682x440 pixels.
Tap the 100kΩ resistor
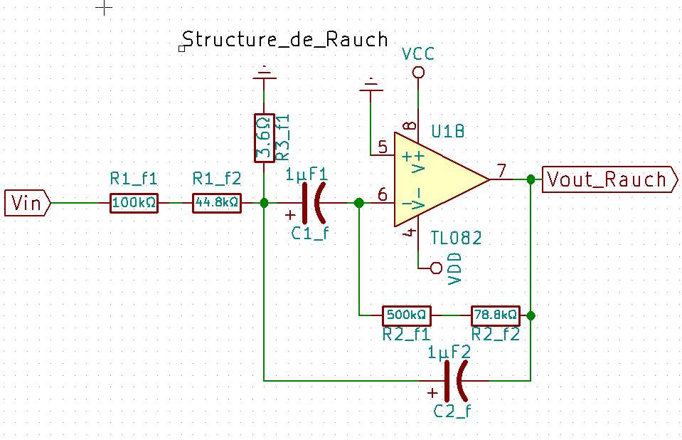pyautogui.click(x=134, y=203)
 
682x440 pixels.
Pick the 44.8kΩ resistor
pyautogui.click(x=217, y=203)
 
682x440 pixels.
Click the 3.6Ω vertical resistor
pyautogui.click(x=264, y=137)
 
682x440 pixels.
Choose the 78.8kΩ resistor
pyautogui.click(x=496, y=314)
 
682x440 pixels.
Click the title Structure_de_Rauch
pyautogui.click(x=285, y=38)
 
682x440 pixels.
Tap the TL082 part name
pyautogui.click(x=456, y=238)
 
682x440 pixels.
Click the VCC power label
pyautogui.click(x=417, y=55)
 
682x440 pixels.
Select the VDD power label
pyautogui.click(x=456, y=268)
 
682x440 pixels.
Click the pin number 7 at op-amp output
pyautogui.click(x=501, y=171)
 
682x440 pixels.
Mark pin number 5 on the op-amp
pyautogui.click(x=383, y=147)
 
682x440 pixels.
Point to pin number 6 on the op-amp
pyautogui.click(x=383, y=194)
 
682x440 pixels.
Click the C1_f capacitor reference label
pyautogui.click(x=310, y=232)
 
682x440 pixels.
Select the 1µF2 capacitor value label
pyautogui.click(x=449, y=352)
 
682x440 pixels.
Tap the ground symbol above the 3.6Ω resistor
pyautogui.click(x=264, y=72)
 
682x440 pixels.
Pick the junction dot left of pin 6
pyautogui.click(x=358, y=203)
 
